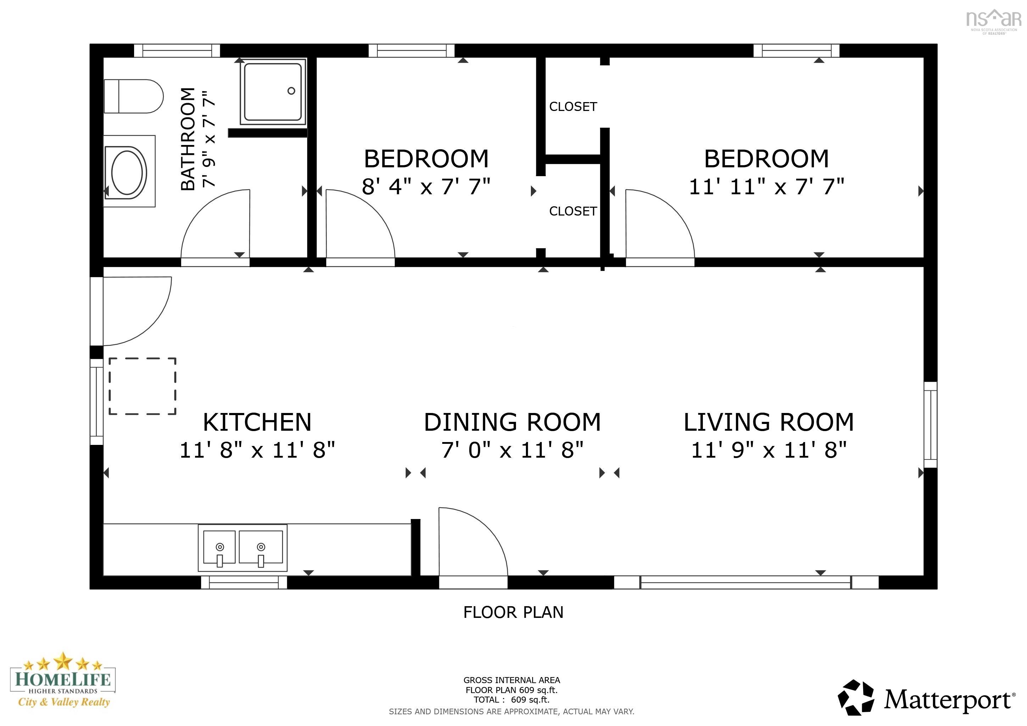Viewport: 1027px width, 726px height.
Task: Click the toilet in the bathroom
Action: pyautogui.click(x=133, y=96)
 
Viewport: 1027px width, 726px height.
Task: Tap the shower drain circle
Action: pyautogui.click(x=291, y=91)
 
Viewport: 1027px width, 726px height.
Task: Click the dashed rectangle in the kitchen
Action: pyautogui.click(x=142, y=386)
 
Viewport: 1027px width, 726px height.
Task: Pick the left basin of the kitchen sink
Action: pyautogui.click(x=219, y=547)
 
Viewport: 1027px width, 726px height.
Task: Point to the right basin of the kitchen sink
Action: pyautogui.click(x=261, y=547)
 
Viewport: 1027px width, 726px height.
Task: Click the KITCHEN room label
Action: pyautogui.click(x=257, y=422)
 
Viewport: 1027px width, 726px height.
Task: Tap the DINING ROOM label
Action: pyautogui.click(x=512, y=422)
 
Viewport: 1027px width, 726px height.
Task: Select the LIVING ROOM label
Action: pyautogui.click(x=768, y=422)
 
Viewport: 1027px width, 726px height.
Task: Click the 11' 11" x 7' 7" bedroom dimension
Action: pyautogui.click(x=766, y=186)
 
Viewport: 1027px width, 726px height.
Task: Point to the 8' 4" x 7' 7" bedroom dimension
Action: pyautogui.click(x=426, y=186)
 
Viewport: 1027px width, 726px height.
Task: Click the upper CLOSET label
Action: pyautogui.click(x=573, y=107)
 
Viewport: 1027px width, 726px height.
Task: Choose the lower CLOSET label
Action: pyautogui.click(x=573, y=211)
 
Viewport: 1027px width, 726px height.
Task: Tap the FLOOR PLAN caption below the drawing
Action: pyautogui.click(x=513, y=612)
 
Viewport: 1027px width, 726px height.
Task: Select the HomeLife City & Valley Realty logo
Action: pyautogui.click(x=63, y=680)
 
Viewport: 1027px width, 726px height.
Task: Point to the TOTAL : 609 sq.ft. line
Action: pyautogui.click(x=511, y=700)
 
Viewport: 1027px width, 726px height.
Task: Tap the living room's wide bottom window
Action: pyautogui.click(x=746, y=582)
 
